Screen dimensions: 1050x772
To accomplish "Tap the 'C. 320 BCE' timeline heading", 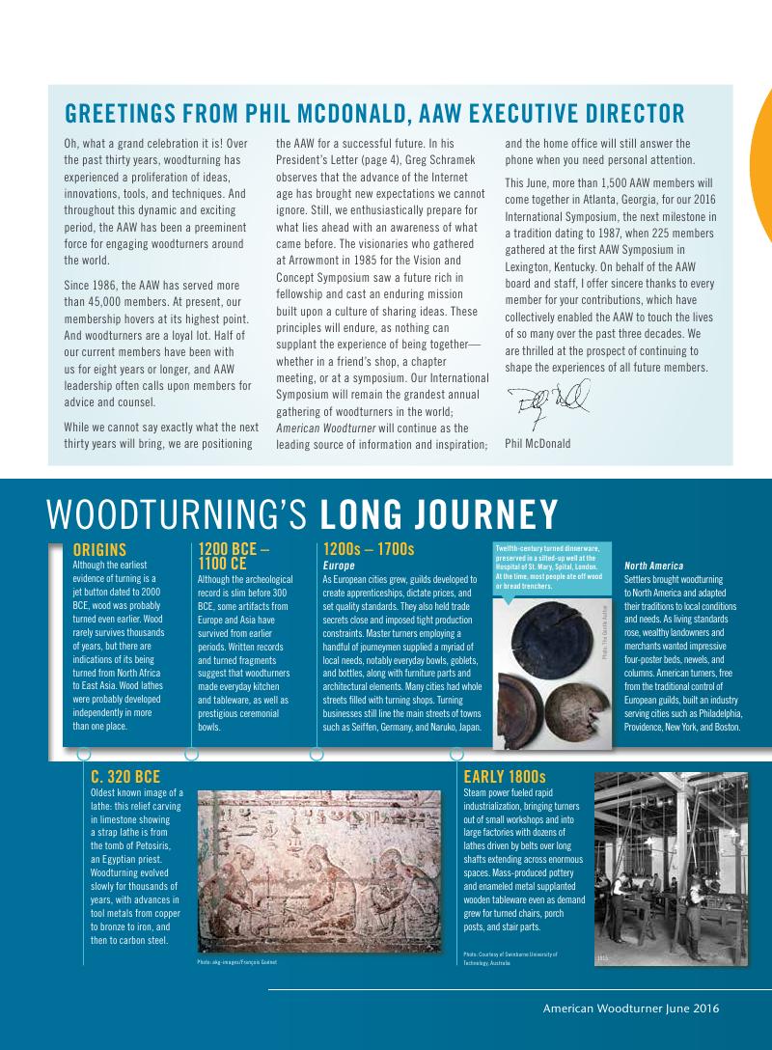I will tap(124, 776).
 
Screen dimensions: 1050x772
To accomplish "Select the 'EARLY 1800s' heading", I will tap(505, 776).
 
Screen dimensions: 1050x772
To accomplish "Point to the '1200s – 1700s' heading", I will tap(369, 549).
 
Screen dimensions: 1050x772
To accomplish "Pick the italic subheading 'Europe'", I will tap(340, 565).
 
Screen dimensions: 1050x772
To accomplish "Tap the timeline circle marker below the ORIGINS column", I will tap(84, 753).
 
